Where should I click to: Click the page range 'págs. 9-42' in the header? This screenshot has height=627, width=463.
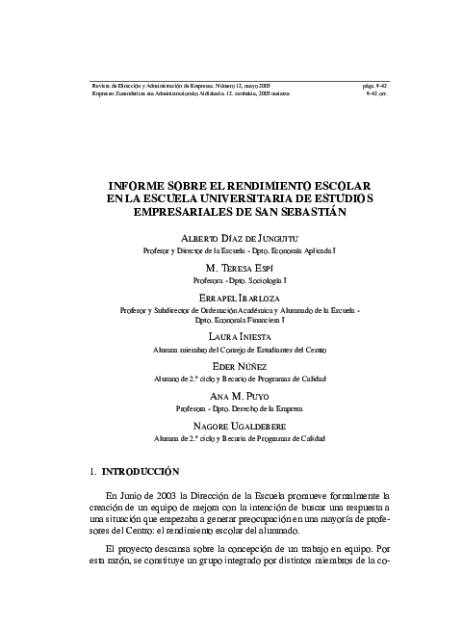(x=372, y=86)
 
